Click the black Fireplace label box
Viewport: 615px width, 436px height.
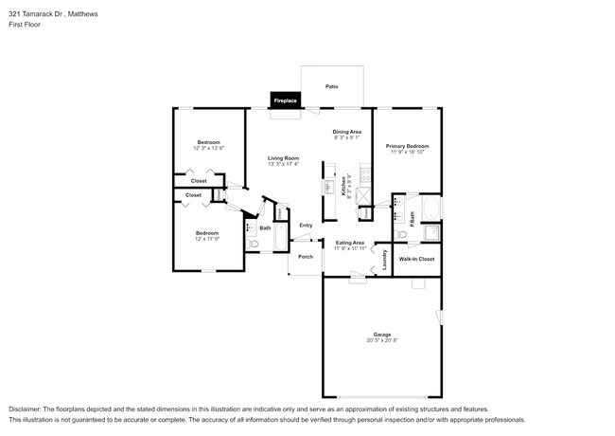(285, 100)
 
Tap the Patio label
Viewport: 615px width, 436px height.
(332, 86)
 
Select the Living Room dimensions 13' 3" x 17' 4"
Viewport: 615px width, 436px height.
(283, 164)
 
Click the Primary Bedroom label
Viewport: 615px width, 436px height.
(407, 146)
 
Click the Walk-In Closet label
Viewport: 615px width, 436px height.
(416, 259)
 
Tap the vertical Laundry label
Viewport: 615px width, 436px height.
(384, 260)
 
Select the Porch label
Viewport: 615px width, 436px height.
(306, 257)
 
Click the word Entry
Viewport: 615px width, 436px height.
(306, 225)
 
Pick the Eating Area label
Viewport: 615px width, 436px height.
(350, 243)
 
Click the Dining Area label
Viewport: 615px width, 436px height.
(346, 132)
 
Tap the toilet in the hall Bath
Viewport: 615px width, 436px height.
(251, 245)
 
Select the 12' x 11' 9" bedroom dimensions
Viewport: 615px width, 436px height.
(206, 239)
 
